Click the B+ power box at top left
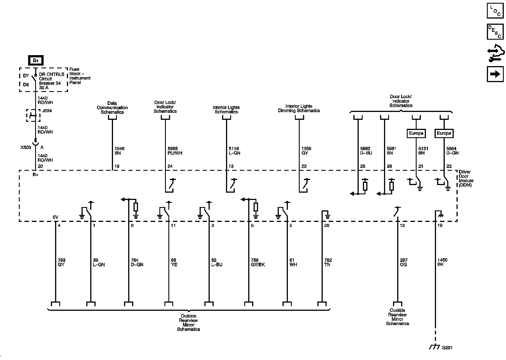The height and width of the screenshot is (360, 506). (x=35, y=60)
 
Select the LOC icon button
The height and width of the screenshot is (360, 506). (x=495, y=11)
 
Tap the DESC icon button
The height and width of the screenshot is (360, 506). (x=495, y=32)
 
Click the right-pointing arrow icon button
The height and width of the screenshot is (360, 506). (x=495, y=74)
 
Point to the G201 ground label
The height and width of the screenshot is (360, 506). (x=447, y=348)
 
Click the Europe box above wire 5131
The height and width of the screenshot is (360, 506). (x=416, y=133)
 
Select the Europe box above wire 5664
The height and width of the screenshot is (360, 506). (x=444, y=133)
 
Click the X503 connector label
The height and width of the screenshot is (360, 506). (x=26, y=147)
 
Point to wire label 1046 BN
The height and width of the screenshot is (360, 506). (x=119, y=151)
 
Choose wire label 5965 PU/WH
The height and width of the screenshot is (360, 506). (x=173, y=151)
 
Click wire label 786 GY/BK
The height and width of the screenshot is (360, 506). (x=258, y=262)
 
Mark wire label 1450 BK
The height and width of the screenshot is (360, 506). (x=442, y=262)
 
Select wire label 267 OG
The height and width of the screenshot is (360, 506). (x=404, y=262)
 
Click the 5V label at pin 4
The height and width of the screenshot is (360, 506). (x=55, y=217)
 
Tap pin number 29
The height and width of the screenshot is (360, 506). (x=327, y=226)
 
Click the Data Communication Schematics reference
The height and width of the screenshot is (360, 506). (x=112, y=108)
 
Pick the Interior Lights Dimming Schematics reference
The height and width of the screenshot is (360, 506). (x=299, y=108)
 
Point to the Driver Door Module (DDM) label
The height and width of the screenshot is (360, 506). (x=466, y=178)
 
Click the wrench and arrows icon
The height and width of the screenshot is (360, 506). (x=495, y=53)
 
